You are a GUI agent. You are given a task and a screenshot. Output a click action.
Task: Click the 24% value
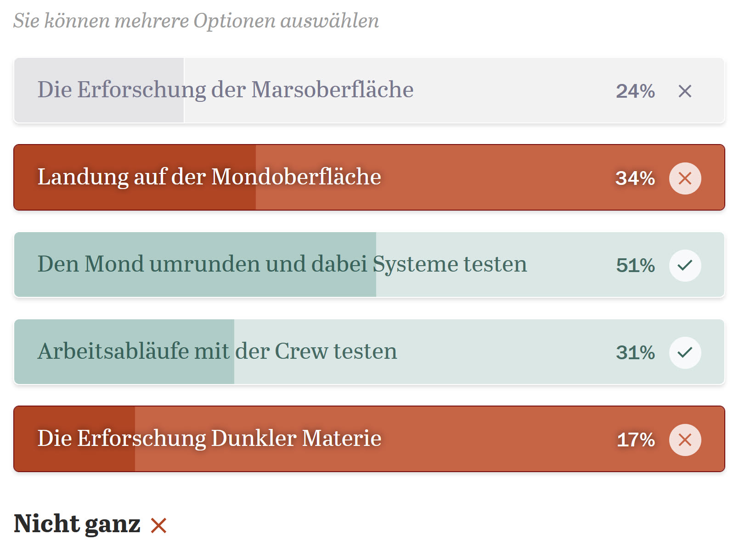(x=635, y=91)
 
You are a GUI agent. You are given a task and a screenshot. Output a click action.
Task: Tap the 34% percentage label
(x=635, y=178)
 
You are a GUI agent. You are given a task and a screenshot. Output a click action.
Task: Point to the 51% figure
(x=635, y=265)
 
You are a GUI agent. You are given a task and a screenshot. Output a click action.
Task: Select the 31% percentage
(x=635, y=352)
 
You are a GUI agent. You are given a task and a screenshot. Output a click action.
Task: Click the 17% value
(x=636, y=440)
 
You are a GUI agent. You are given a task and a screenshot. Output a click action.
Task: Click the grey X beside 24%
(x=685, y=91)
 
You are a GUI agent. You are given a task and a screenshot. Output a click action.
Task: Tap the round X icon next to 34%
(x=685, y=178)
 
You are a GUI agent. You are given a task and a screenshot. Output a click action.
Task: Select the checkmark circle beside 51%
(x=685, y=266)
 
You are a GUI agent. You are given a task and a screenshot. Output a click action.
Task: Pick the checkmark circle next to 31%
(x=685, y=353)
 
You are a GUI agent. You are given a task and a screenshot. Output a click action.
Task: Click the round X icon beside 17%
(x=685, y=440)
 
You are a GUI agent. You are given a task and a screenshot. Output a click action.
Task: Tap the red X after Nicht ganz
(x=158, y=525)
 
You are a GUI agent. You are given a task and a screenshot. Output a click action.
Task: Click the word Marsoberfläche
(x=333, y=89)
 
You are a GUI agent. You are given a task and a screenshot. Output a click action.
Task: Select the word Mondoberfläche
(x=296, y=177)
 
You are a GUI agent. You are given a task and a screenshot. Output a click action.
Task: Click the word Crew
(x=301, y=351)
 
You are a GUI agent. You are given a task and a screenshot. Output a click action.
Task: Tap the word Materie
(x=342, y=439)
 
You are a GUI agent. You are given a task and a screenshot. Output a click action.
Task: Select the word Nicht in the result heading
(x=46, y=524)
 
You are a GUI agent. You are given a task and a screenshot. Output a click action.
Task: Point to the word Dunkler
(x=254, y=439)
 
